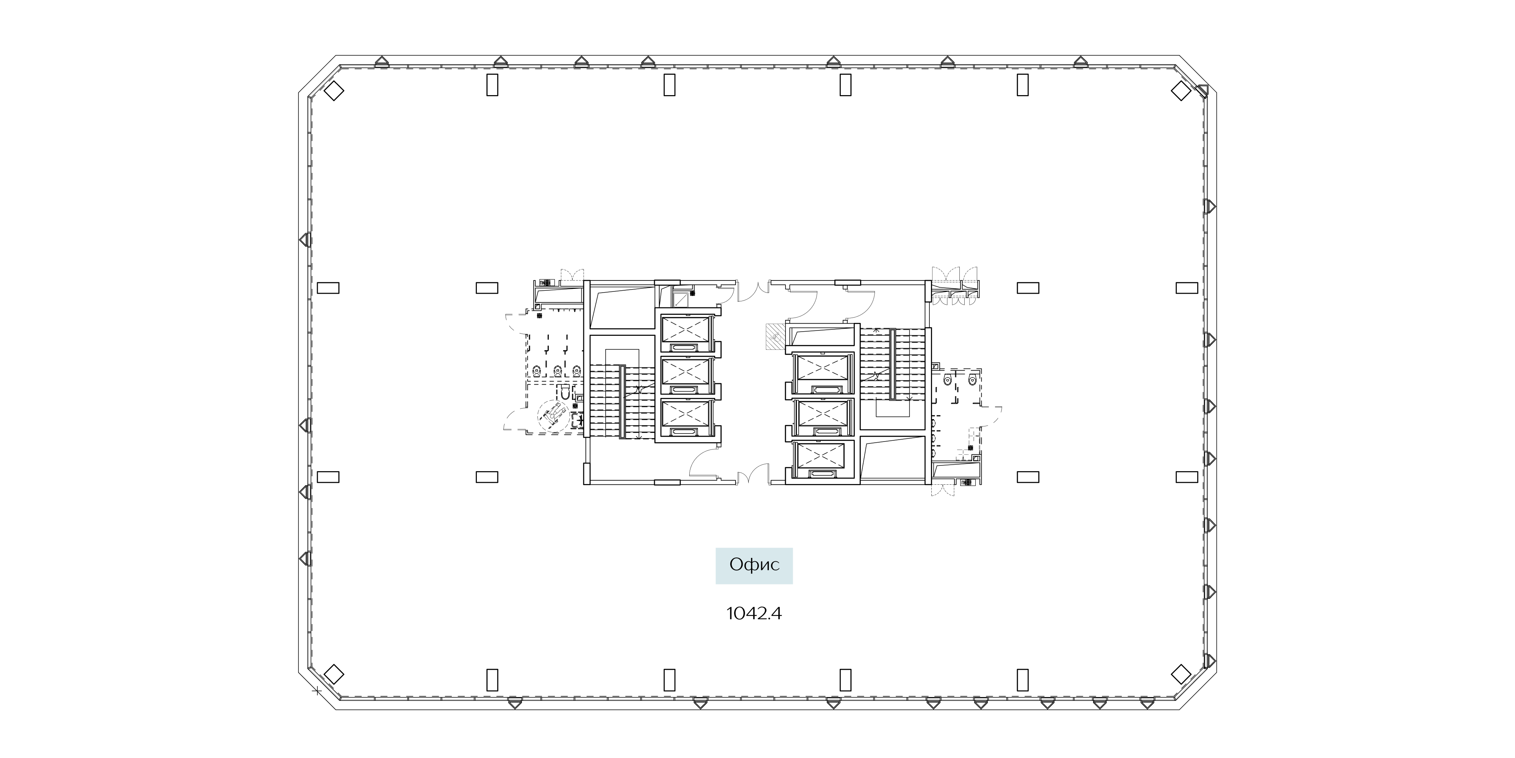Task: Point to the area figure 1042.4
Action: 754,614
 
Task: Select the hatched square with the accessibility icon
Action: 774,338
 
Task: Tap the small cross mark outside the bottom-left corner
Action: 317,691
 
